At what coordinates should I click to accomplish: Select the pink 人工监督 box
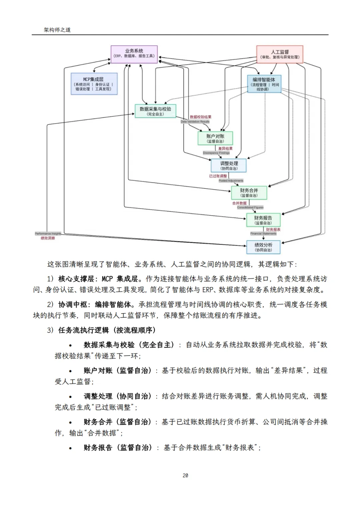tap(280, 54)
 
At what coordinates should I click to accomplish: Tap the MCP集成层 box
tap(94, 84)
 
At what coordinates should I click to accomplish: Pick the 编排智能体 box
tap(264, 84)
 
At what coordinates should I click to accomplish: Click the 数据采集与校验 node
tap(155, 111)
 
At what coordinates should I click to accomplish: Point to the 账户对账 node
tap(215, 138)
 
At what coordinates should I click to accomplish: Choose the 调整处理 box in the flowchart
tap(229, 165)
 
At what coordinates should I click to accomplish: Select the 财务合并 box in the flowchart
tap(249, 193)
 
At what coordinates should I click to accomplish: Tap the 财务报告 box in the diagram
tap(263, 220)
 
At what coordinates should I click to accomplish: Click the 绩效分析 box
tap(263, 247)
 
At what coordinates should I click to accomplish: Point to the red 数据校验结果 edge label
tap(201, 117)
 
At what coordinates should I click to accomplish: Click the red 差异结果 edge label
tap(225, 148)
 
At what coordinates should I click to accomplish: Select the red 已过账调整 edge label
tap(218, 176)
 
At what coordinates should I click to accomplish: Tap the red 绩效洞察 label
tap(48, 238)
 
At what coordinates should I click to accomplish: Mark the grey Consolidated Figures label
tap(250, 207)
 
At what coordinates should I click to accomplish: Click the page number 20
tap(185, 475)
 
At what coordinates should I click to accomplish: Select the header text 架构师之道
tap(57, 30)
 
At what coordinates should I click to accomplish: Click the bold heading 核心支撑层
tap(76, 279)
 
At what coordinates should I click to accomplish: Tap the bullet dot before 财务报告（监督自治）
tap(70, 448)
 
